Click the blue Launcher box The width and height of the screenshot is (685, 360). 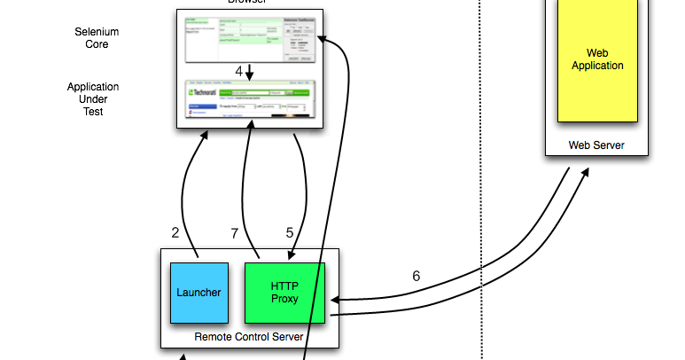pos(198,293)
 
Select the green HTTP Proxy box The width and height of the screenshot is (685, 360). pos(284,293)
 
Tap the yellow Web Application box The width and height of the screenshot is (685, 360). pos(596,59)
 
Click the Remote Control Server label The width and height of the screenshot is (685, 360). pos(248,337)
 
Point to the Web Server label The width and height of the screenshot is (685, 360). pos(596,145)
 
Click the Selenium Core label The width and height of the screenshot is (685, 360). pos(97,38)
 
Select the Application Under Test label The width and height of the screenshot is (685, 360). pos(93,99)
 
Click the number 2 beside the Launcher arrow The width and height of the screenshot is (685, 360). pos(175,233)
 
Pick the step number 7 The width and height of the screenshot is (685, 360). pos(234,233)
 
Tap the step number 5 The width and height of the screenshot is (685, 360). pos(289,233)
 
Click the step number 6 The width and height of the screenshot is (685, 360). pos(416,276)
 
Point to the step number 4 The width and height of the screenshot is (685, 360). pos(239,70)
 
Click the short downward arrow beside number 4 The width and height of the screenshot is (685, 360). pos(250,71)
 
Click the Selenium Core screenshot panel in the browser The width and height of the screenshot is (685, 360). pos(251,39)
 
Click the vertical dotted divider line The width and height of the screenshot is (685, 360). pos(480,177)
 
